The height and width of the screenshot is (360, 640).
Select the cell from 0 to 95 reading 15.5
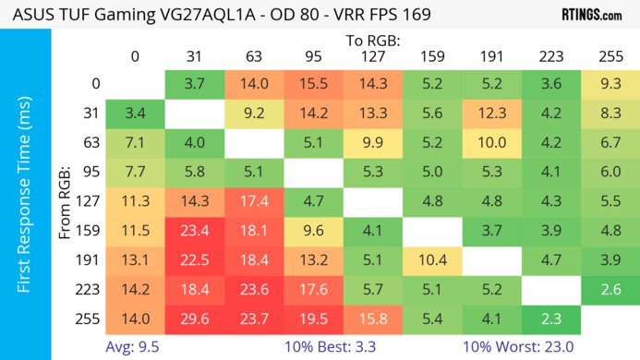pos(313,83)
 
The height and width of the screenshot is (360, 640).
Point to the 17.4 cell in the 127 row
pos(253,202)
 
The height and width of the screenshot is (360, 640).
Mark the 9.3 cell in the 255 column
pos(610,83)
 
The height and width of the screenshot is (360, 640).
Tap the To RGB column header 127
pos(372,56)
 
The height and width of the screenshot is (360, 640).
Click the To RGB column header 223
pos(550,56)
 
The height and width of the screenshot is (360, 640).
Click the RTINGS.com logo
pos(591,16)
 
